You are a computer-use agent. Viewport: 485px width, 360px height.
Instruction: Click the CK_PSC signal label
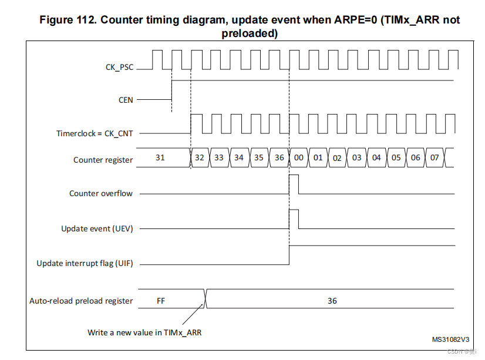pos(119,68)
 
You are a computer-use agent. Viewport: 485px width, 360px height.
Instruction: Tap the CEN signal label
pos(126,100)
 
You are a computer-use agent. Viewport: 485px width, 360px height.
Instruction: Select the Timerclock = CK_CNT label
pos(95,134)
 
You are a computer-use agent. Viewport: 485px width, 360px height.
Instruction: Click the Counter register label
pos(103,160)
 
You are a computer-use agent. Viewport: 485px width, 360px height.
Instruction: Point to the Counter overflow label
pos(101,193)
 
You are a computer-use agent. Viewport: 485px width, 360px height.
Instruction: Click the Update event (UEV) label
pos(97,228)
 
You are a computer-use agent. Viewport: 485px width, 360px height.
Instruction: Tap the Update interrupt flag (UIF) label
pos(85,263)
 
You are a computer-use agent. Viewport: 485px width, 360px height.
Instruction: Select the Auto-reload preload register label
pos(81,301)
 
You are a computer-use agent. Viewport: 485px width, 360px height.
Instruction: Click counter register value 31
pos(160,157)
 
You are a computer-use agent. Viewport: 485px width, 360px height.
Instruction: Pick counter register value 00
pos(298,158)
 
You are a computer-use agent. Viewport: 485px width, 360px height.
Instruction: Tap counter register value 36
pos(279,158)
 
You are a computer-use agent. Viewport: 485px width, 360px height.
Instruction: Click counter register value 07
pos(435,158)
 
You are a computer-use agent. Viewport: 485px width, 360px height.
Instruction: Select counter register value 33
pos(218,158)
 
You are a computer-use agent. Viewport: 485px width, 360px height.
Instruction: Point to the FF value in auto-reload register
pos(161,301)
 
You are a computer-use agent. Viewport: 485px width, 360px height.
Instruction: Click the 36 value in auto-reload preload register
pos(332,301)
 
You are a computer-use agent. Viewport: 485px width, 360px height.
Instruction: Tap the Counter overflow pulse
pos(294,175)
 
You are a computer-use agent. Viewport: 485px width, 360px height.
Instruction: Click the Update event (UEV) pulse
pos(294,210)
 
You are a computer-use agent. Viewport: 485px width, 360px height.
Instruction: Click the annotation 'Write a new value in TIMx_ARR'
pos(144,332)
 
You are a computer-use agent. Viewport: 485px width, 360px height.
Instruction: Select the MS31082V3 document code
pos(451,339)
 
